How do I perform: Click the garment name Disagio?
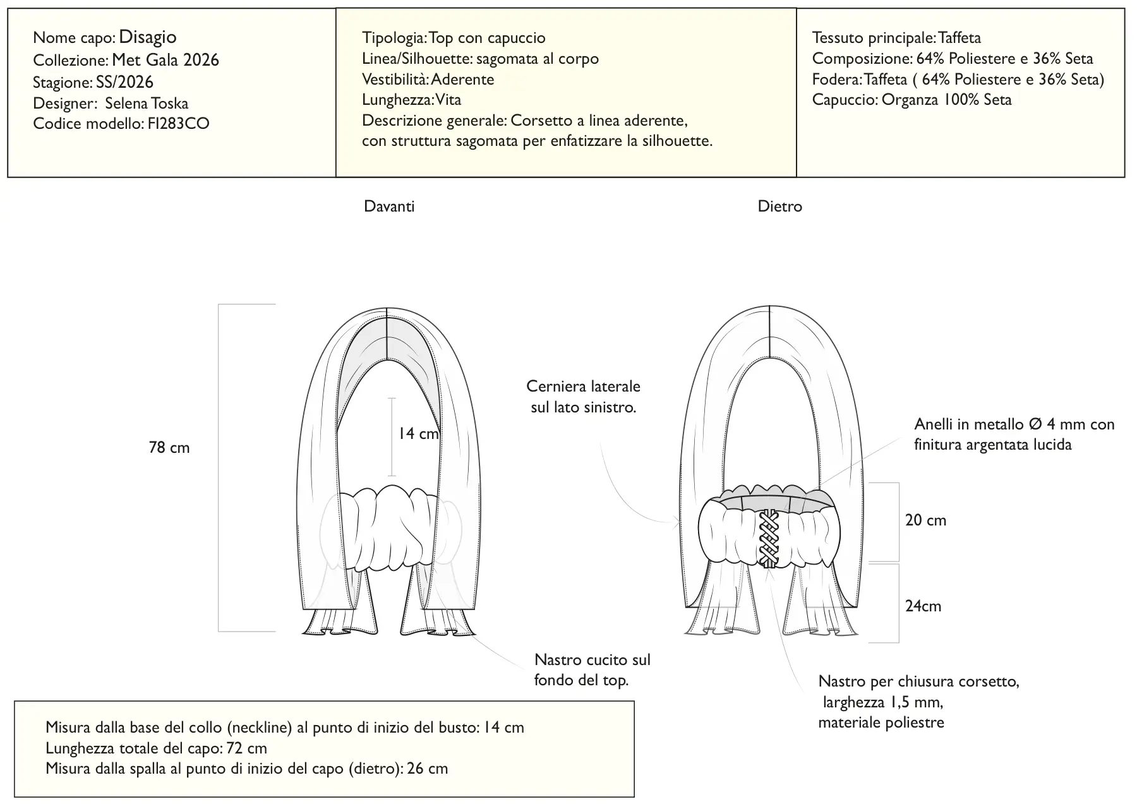[148, 37]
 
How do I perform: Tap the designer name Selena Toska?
[147, 103]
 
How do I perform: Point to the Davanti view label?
[389, 207]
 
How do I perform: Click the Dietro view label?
[779, 207]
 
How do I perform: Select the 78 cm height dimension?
[169, 448]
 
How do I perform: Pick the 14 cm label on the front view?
[418, 434]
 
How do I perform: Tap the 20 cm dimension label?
[926, 520]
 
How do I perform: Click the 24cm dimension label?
[923, 606]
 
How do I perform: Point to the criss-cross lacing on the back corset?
[769, 538]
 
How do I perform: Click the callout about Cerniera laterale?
[584, 397]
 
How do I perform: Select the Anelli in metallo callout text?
[1014, 435]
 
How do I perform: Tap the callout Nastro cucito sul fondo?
[592, 670]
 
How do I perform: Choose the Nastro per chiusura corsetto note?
[918, 702]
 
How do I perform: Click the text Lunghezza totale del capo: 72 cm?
[157, 748]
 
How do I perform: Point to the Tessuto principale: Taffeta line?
[896, 38]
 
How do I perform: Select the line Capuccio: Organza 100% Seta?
[911, 100]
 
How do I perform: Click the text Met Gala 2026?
[165, 60]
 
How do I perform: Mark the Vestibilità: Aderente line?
[428, 80]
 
